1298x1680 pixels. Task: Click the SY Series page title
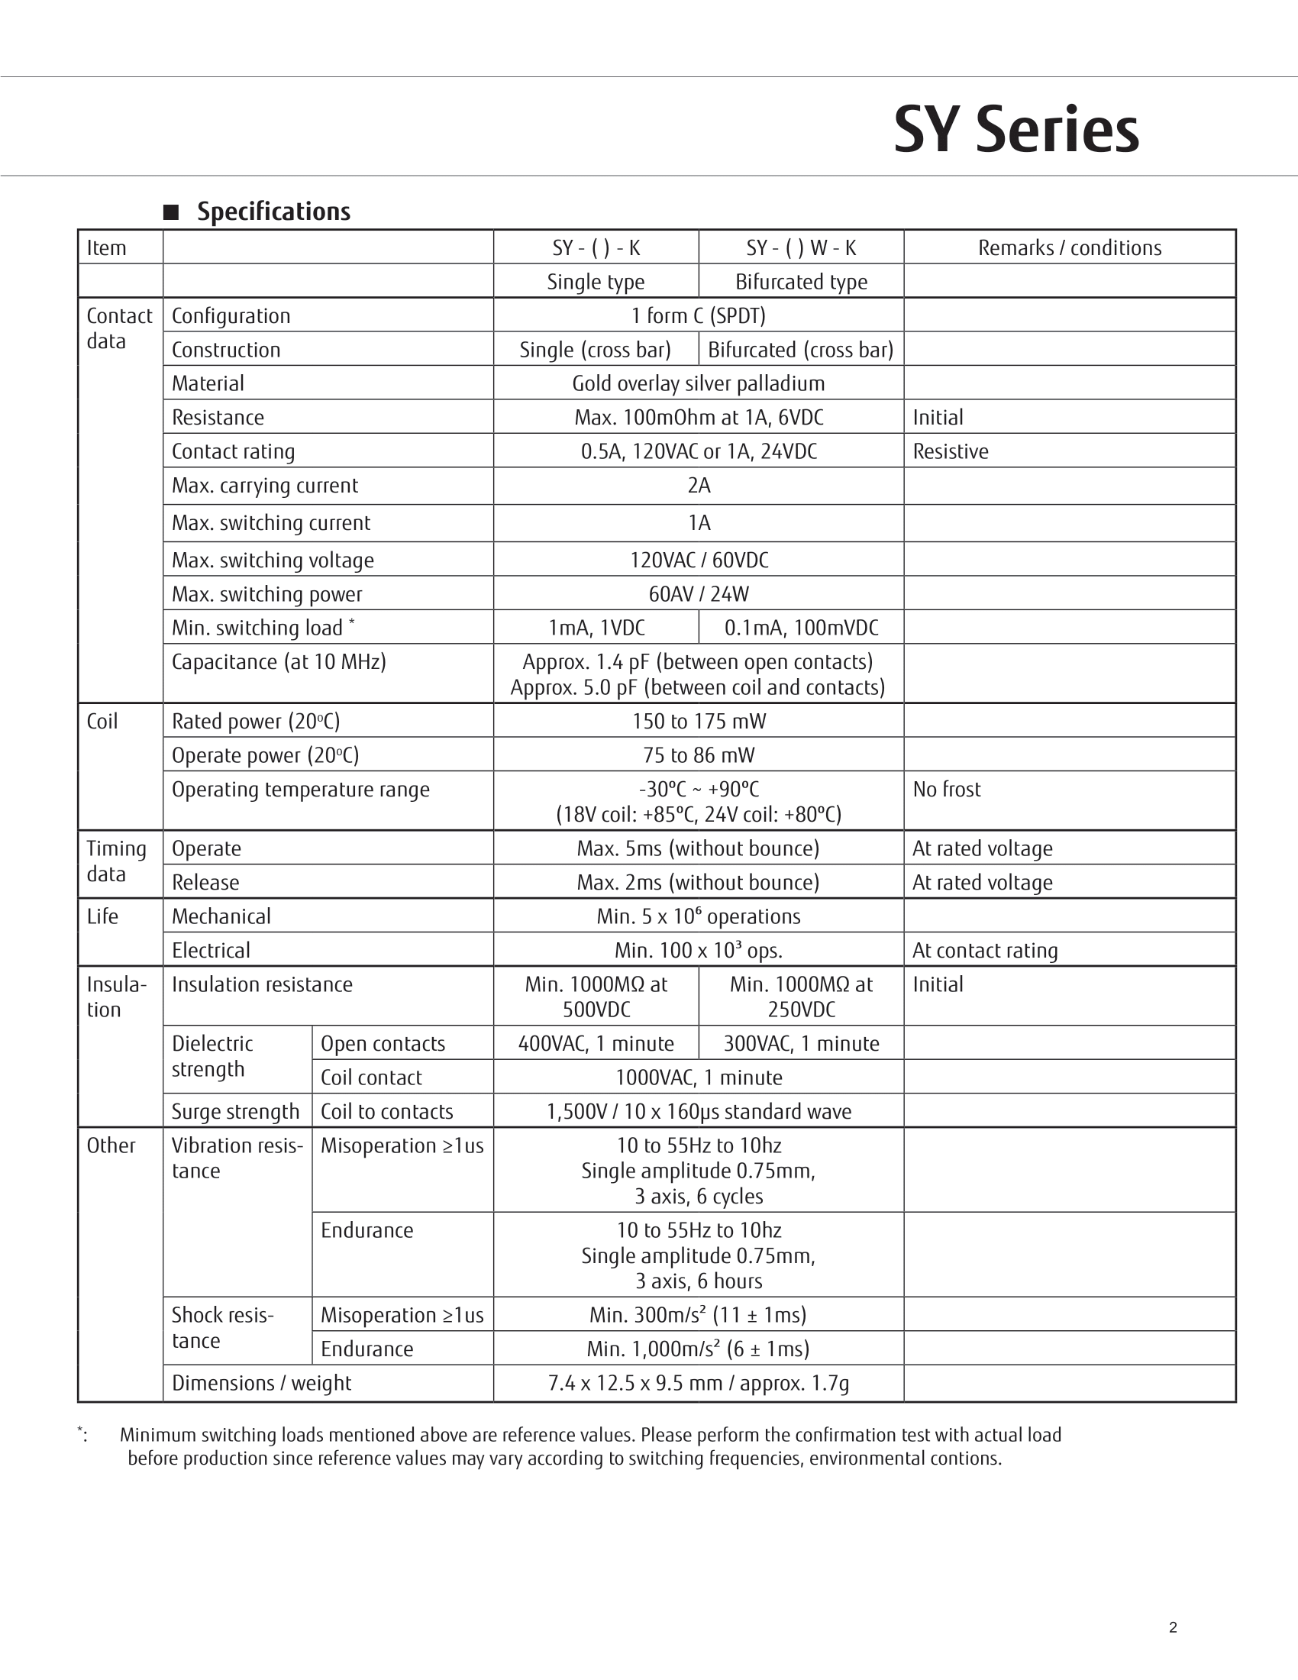(1015, 130)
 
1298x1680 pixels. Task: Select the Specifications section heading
(273, 212)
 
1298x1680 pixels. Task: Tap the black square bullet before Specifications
(171, 212)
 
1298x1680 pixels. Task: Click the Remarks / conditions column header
(1069, 247)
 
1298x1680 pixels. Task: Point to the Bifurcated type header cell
(800, 282)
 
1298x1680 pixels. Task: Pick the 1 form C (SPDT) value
(698, 315)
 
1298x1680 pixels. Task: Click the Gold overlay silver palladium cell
(698, 383)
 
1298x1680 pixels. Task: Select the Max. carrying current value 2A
(698, 486)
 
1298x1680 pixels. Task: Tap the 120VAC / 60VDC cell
(698, 560)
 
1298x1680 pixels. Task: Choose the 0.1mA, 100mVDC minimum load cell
(800, 628)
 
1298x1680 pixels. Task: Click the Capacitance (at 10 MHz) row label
(279, 661)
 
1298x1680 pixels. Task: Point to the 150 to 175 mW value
(698, 721)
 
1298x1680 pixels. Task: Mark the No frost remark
(947, 790)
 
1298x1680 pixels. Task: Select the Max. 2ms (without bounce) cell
(698, 882)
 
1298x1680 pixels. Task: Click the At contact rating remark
(984, 951)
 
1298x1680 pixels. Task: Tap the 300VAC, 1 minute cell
(800, 1044)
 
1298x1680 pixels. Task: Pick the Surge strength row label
(235, 1112)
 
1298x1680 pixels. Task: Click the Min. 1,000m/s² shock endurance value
(698, 1349)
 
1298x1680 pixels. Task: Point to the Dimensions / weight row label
(261, 1383)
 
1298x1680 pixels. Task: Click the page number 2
(1173, 1627)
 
